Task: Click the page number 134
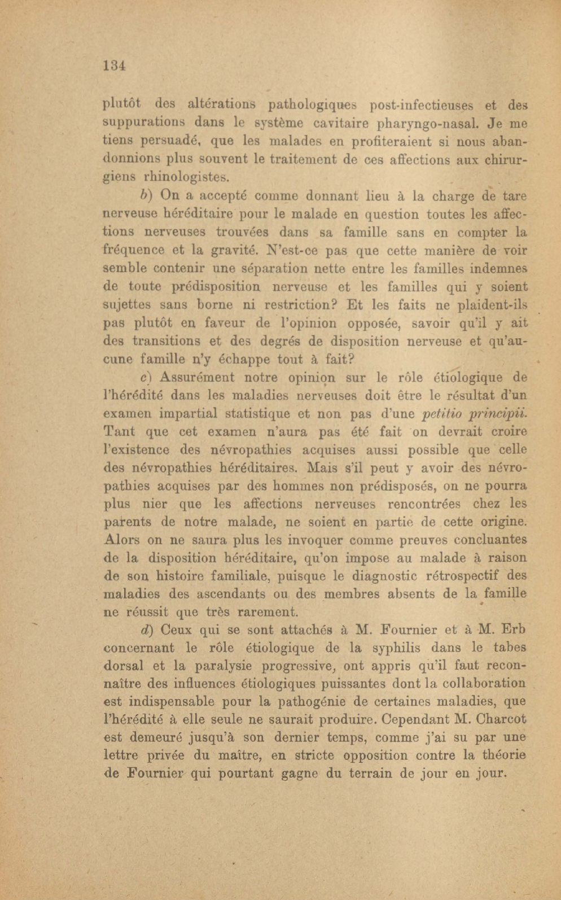[113, 65]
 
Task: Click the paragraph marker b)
[147, 196]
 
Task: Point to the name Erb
[513, 630]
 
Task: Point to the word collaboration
[482, 683]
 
